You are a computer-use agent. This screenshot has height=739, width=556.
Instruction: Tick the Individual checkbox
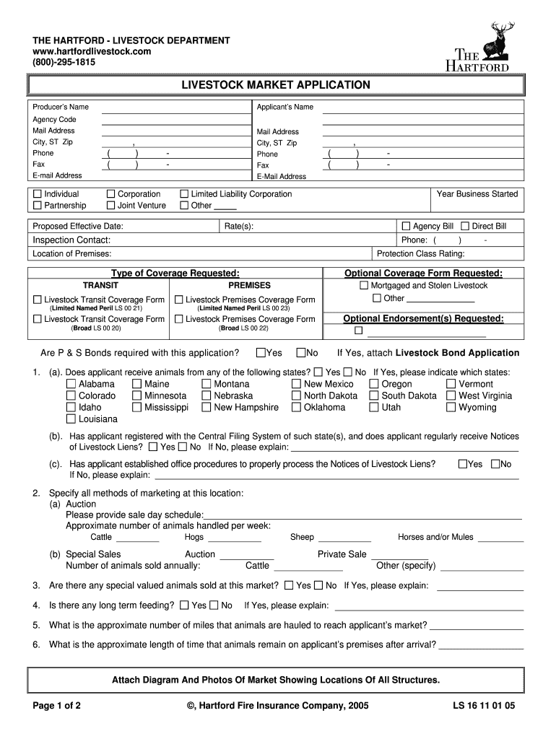point(38,194)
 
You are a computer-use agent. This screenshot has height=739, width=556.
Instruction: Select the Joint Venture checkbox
point(111,206)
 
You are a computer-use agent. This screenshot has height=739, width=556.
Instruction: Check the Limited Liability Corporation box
point(184,194)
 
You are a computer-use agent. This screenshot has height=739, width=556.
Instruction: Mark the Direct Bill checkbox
point(465,227)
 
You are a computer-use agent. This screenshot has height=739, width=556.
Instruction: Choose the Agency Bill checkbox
point(406,227)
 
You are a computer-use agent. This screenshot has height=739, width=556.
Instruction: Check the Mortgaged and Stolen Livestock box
point(364,286)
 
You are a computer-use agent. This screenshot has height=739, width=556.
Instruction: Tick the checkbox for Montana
point(207,385)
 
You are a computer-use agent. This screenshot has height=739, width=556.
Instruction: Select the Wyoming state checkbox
point(451,408)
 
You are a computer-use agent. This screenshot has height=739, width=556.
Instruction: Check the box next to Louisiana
point(71,419)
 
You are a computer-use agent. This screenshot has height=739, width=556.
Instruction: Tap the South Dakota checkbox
point(374,396)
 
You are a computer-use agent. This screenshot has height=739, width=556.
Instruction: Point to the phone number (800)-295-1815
point(64,62)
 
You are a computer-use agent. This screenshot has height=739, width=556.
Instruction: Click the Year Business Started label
point(477,194)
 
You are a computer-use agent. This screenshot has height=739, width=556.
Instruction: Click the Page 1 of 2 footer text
point(56,705)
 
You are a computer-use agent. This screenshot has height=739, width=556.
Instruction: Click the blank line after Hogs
point(235,539)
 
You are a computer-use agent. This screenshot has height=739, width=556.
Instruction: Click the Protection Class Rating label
point(421,254)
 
